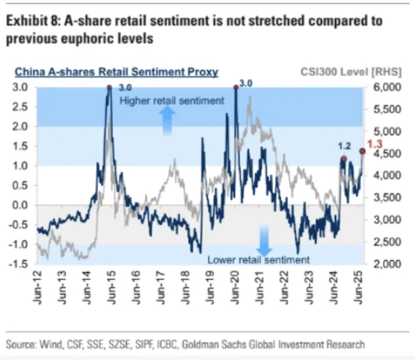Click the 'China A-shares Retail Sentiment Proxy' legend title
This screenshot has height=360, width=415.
coord(116,71)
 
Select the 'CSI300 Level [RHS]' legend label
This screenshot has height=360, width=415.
coord(358,71)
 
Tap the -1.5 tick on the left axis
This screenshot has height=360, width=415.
coord(19,264)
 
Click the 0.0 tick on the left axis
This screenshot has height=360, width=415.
coord(20,205)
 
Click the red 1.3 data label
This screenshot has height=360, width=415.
coord(375,143)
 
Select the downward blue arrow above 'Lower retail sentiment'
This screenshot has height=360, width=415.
coord(263,240)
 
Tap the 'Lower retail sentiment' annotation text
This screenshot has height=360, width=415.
coord(258,259)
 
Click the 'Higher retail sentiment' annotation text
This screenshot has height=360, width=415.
coord(172,101)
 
